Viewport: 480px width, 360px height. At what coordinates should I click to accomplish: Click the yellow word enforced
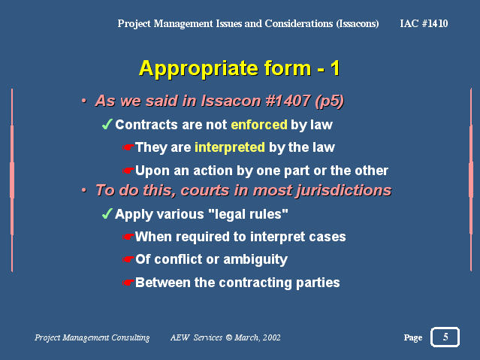(259, 125)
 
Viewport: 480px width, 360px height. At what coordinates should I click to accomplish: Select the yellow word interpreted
(230, 147)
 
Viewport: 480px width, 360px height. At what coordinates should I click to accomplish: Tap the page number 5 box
(445, 337)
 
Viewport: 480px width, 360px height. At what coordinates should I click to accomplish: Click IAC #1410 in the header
(424, 23)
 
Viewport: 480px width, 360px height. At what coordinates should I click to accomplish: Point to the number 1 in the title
(335, 68)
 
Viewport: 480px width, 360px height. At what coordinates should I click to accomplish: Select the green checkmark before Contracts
(107, 124)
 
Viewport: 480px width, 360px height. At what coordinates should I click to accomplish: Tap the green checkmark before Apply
(107, 213)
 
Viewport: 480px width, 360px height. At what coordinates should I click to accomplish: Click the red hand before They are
(128, 147)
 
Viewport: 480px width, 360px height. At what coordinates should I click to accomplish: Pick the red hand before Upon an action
(128, 171)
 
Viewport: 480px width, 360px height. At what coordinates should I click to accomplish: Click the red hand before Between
(128, 283)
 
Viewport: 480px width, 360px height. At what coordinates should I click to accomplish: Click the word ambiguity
(255, 260)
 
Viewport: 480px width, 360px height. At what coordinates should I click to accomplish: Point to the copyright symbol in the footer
(228, 337)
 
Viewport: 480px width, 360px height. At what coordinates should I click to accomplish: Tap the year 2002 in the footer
(271, 337)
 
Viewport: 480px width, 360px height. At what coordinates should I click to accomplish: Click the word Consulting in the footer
(131, 337)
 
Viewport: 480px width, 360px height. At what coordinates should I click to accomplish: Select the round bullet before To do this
(84, 190)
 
